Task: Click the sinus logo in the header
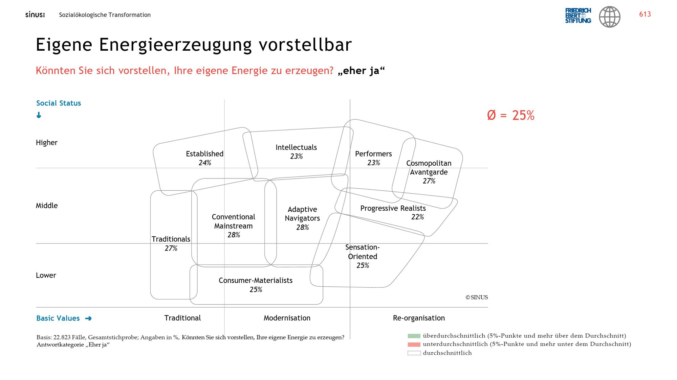pos(35,15)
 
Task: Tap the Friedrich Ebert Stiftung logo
pos(578,16)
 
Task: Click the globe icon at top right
pos(610,17)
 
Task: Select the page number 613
pos(645,14)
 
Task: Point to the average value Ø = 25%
pos(510,115)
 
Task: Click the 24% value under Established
pos(205,163)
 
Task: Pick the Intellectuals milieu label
pos(296,147)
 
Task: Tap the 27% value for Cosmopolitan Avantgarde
pos(429,181)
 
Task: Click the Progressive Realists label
pos(393,208)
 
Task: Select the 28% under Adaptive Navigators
pos(302,228)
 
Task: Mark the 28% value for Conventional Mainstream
pos(234,235)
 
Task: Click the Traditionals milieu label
pos(171,239)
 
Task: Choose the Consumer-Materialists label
pos(256,281)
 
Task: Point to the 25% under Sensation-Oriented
pos(363,266)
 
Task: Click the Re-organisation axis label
pos(419,318)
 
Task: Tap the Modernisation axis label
pos(287,318)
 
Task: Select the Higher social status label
pos(47,143)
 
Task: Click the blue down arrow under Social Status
pos(39,115)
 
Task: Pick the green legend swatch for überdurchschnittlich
pos(414,336)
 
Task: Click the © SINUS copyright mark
pos(477,298)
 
